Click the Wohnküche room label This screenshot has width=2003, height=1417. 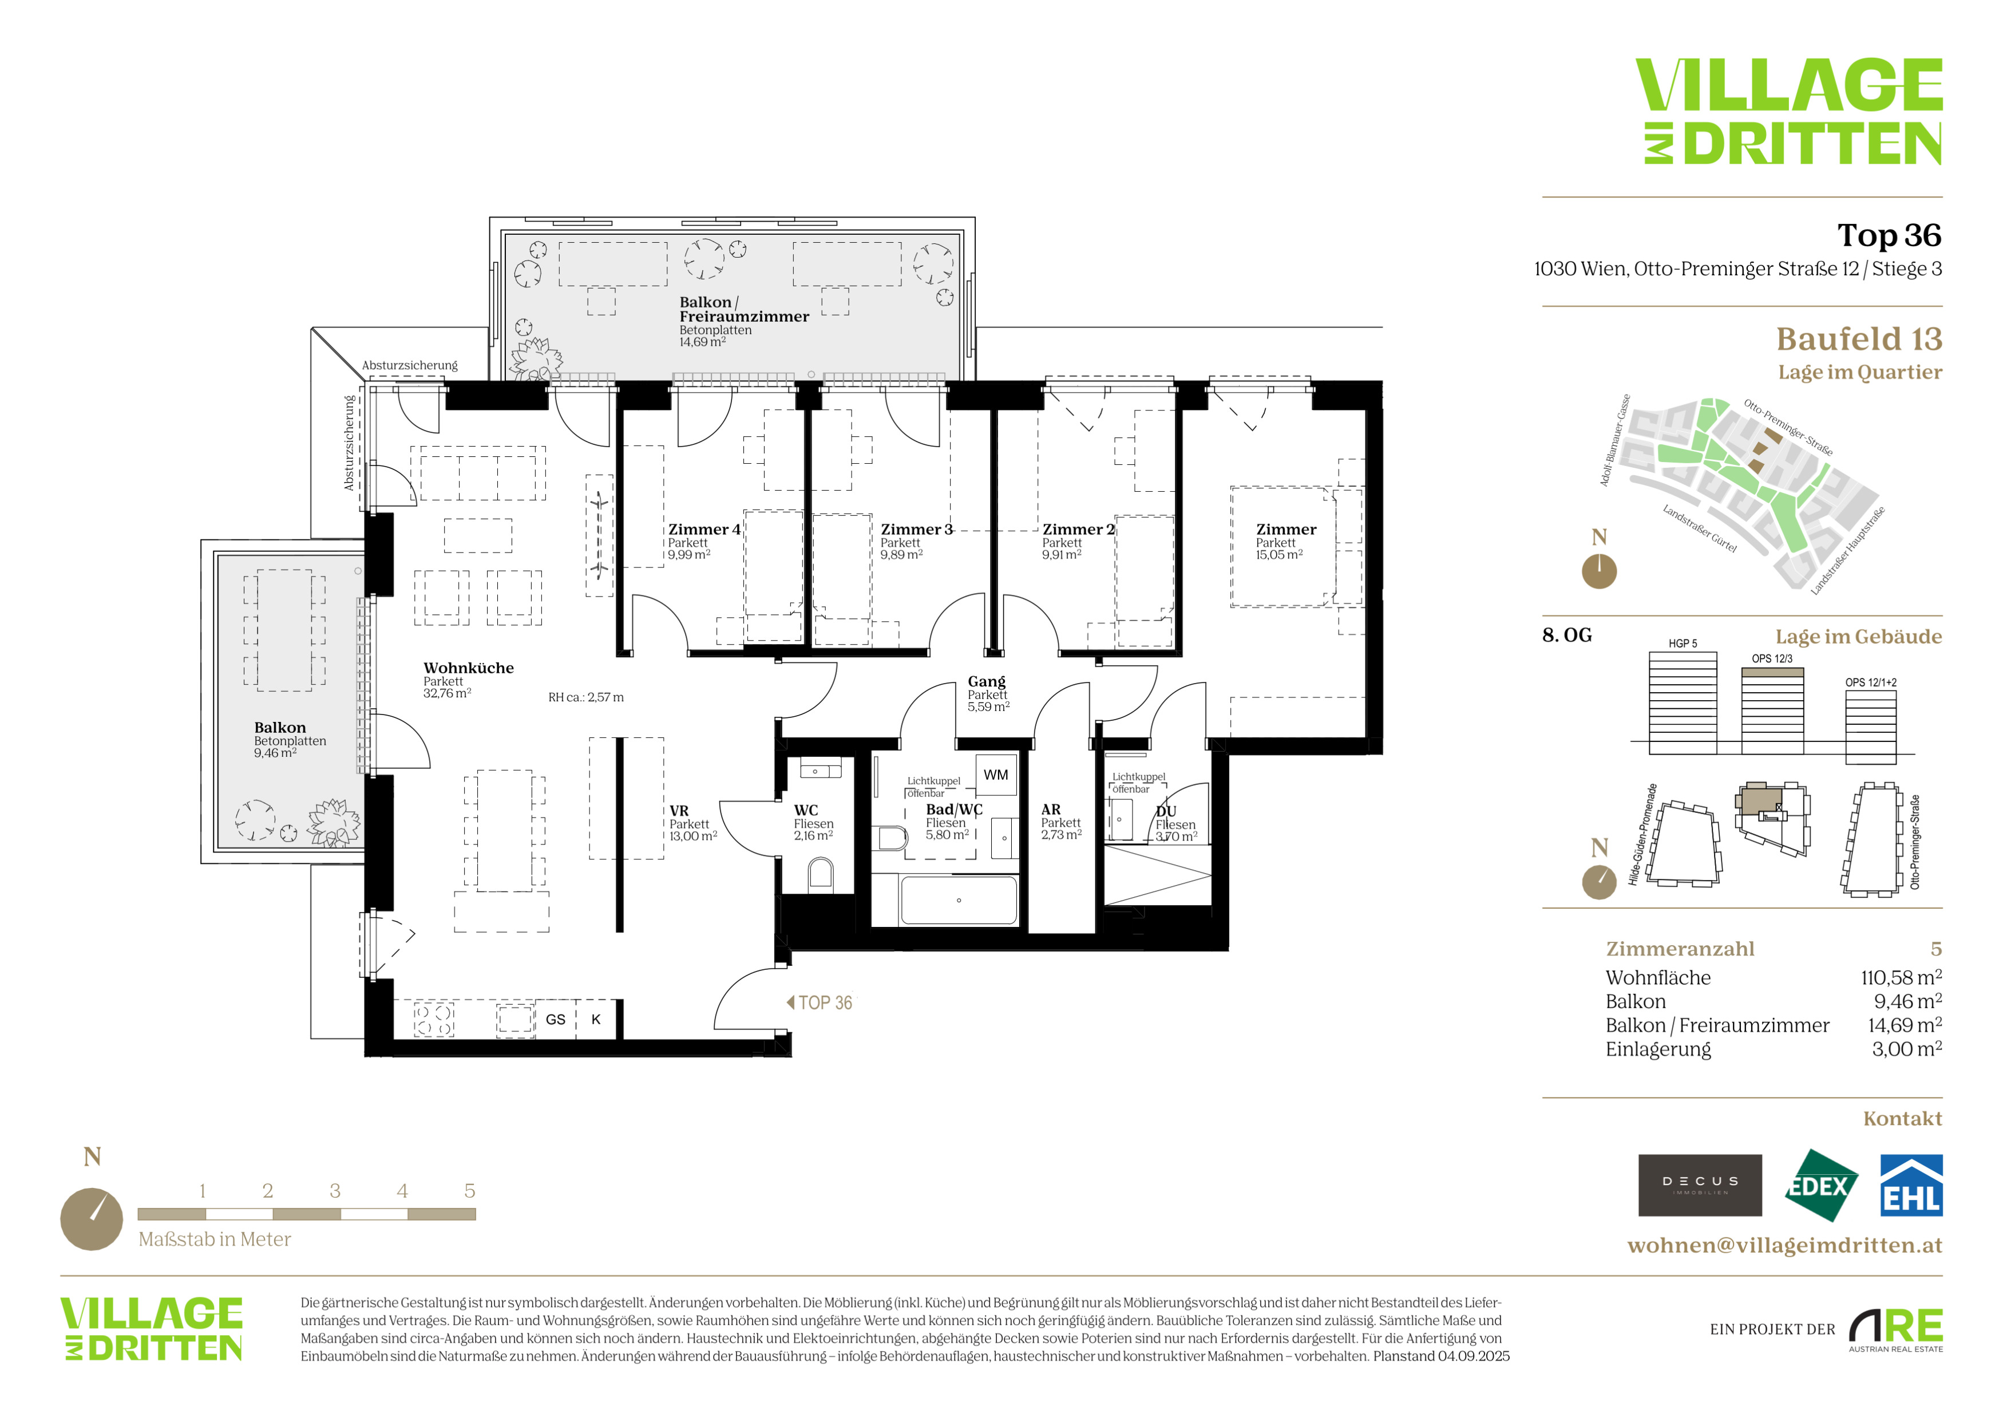(x=469, y=668)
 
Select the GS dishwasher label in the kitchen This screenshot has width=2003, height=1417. (x=556, y=1019)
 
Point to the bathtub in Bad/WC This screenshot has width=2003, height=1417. (x=959, y=901)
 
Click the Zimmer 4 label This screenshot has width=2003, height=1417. (x=704, y=530)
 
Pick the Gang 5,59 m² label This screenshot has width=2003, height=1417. (x=988, y=694)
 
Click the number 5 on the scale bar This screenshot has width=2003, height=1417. (x=469, y=1191)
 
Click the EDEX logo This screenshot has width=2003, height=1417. (x=1820, y=1186)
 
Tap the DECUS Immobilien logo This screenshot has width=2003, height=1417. (x=1700, y=1186)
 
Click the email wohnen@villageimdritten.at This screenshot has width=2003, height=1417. (x=1785, y=1245)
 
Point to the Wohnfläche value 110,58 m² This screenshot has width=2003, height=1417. (x=1901, y=978)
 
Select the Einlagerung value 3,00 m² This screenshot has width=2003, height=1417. (x=1906, y=1049)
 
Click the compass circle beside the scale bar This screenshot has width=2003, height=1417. (x=92, y=1219)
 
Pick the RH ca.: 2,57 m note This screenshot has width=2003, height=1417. (x=585, y=697)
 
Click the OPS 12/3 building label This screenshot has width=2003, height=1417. (x=1772, y=659)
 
